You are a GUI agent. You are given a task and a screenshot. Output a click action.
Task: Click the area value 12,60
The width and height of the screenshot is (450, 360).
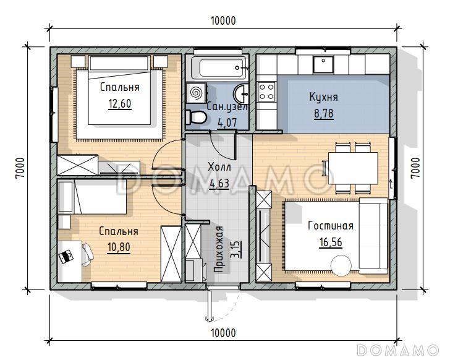120,104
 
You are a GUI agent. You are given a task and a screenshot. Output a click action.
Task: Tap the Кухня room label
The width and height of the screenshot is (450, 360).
323,97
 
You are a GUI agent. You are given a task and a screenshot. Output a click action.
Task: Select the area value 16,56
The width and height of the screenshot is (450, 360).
331,242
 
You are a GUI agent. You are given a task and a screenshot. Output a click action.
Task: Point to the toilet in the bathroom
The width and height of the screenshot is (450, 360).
196,117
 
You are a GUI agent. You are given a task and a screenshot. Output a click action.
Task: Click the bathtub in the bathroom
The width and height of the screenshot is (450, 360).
219,68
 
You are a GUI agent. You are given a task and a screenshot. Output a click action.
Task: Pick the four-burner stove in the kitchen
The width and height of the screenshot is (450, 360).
266,92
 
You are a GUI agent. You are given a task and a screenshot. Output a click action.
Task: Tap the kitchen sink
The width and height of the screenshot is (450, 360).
323,64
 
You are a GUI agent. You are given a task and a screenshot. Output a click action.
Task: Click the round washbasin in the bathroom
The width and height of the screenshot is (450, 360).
241,93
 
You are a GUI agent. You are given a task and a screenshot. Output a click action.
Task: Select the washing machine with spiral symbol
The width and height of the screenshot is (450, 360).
196,93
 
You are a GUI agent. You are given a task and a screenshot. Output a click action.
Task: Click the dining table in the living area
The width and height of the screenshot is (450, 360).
353,168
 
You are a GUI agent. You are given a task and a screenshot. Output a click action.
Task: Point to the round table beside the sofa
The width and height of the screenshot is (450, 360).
341,266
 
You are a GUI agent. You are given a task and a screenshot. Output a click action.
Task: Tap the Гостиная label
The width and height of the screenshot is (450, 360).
331,226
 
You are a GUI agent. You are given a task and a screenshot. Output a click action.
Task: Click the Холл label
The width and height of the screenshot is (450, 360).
219,166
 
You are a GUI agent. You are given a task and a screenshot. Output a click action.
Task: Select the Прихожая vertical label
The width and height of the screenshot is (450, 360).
219,249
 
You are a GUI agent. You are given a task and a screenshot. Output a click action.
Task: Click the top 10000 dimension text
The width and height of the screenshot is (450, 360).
223,20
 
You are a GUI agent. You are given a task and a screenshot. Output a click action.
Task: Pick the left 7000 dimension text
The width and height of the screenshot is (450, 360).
20,168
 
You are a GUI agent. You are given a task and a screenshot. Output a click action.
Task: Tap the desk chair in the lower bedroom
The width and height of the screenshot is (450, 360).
87,255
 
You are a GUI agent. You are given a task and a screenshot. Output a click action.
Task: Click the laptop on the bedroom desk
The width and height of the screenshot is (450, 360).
66,256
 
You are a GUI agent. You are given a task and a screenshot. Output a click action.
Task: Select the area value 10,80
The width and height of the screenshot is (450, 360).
119,247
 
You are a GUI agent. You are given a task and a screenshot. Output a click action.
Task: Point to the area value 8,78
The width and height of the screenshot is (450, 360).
324,114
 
